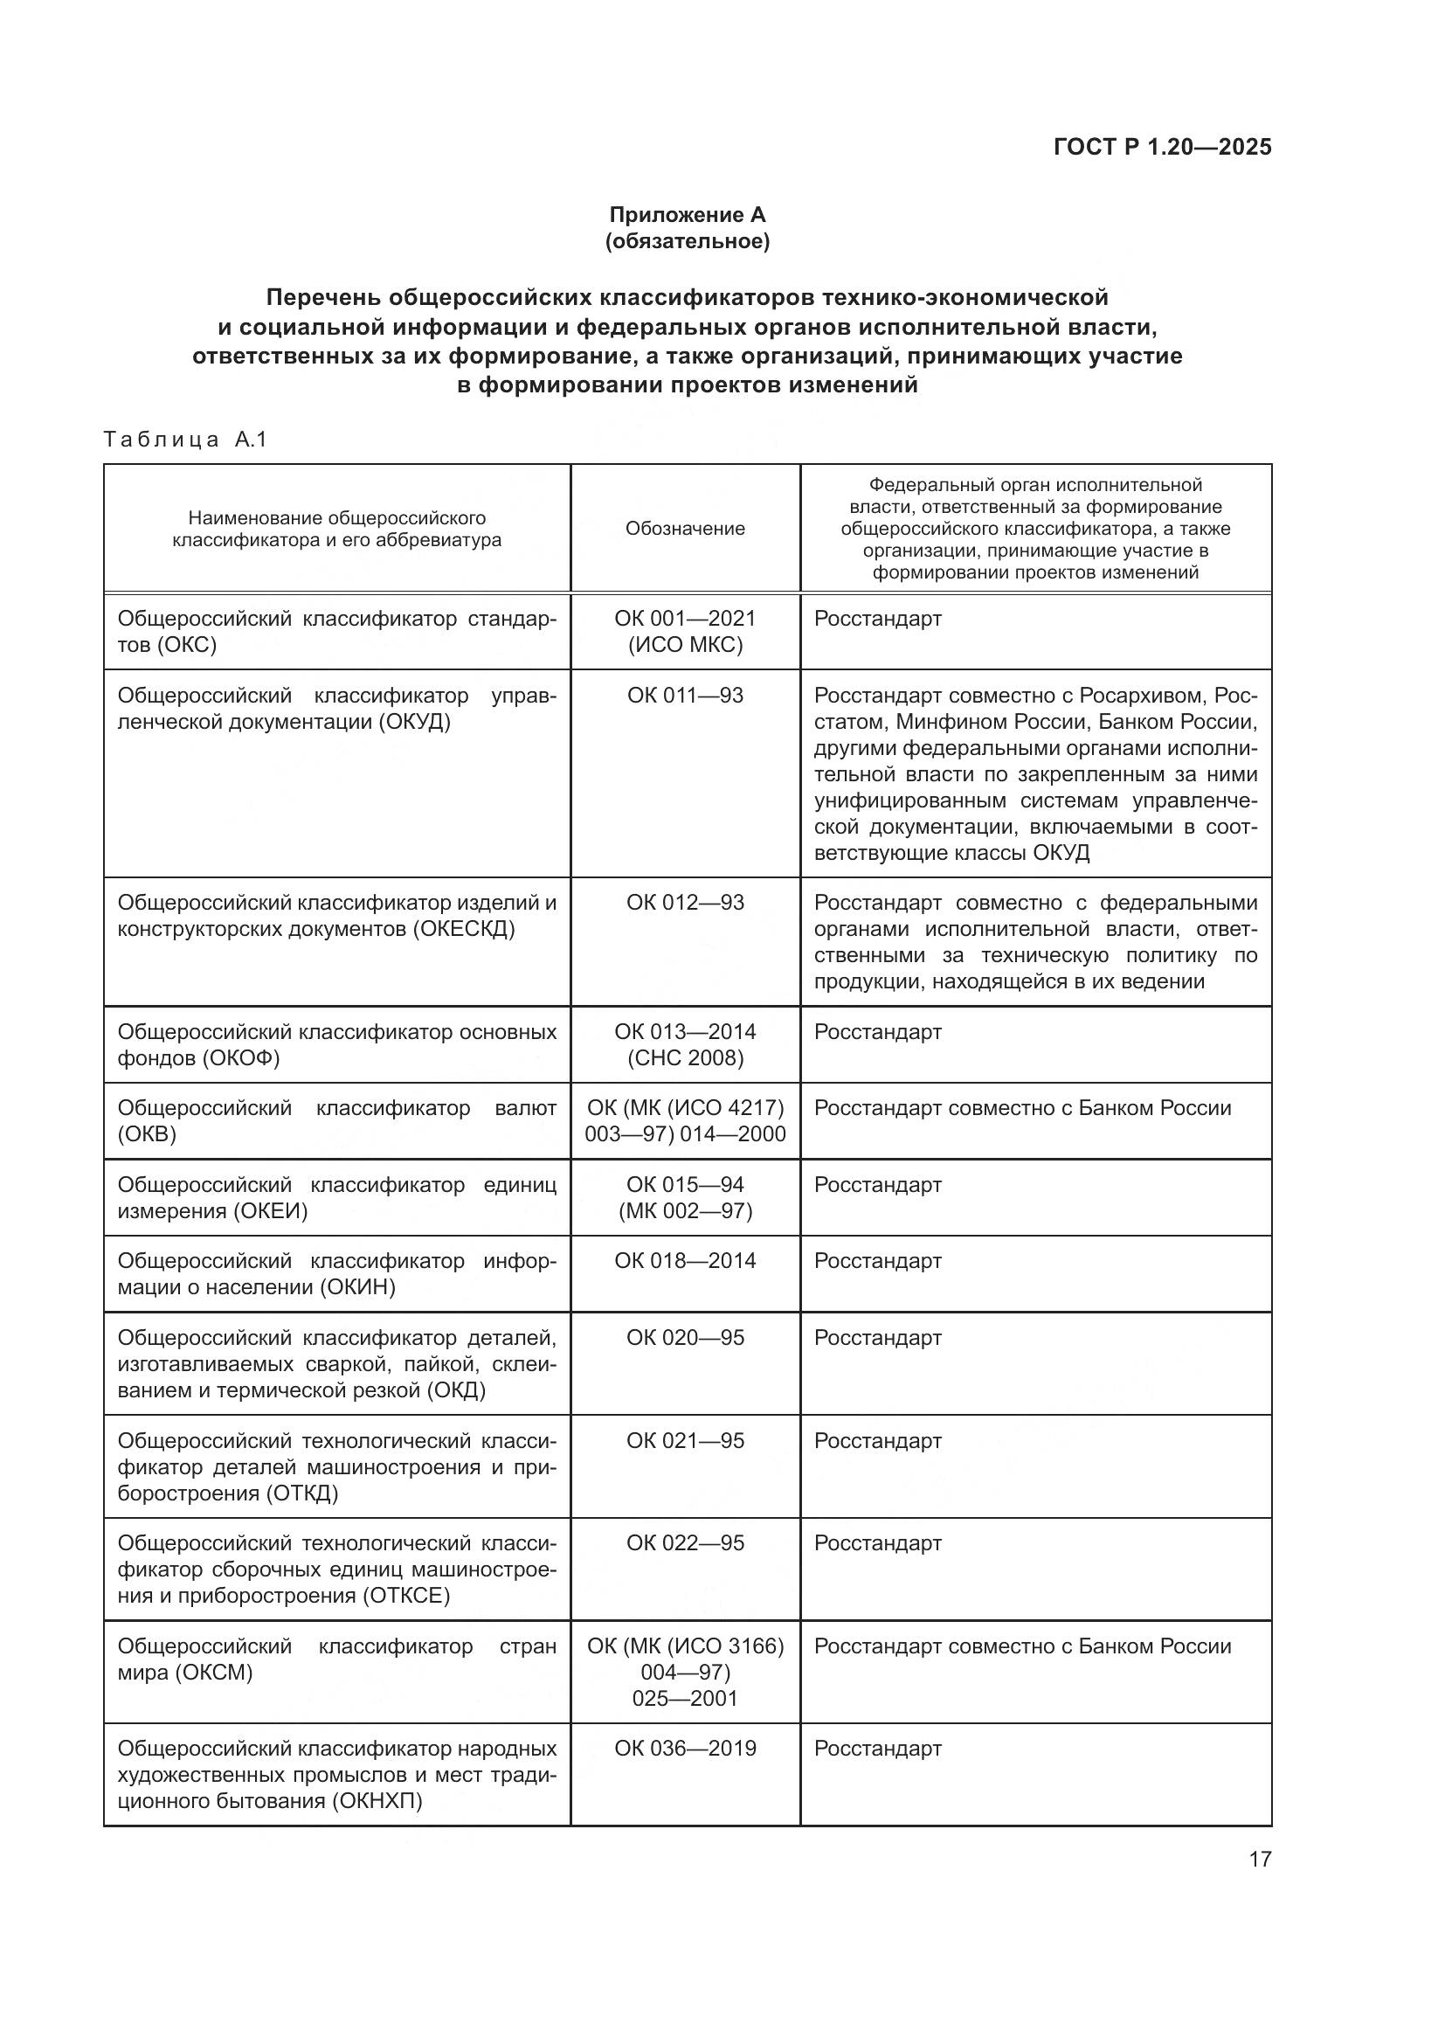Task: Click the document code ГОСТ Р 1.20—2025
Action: coord(1162,147)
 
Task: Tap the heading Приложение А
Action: coord(687,215)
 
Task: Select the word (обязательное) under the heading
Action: coord(687,241)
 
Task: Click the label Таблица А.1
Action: coord(185,439)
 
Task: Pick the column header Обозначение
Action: coord(684,529)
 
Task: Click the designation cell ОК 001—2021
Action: coord(684,618)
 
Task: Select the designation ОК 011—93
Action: coord(684,695)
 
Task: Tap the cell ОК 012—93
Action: coord(684,902)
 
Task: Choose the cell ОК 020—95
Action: coord(684,1337)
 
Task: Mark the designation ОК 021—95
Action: coord(684,1440)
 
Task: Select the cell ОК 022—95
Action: coord(684,1542)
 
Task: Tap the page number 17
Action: coord(1260,1859)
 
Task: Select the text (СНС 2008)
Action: coord(684,1057)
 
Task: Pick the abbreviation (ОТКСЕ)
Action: coord(405,1596)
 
